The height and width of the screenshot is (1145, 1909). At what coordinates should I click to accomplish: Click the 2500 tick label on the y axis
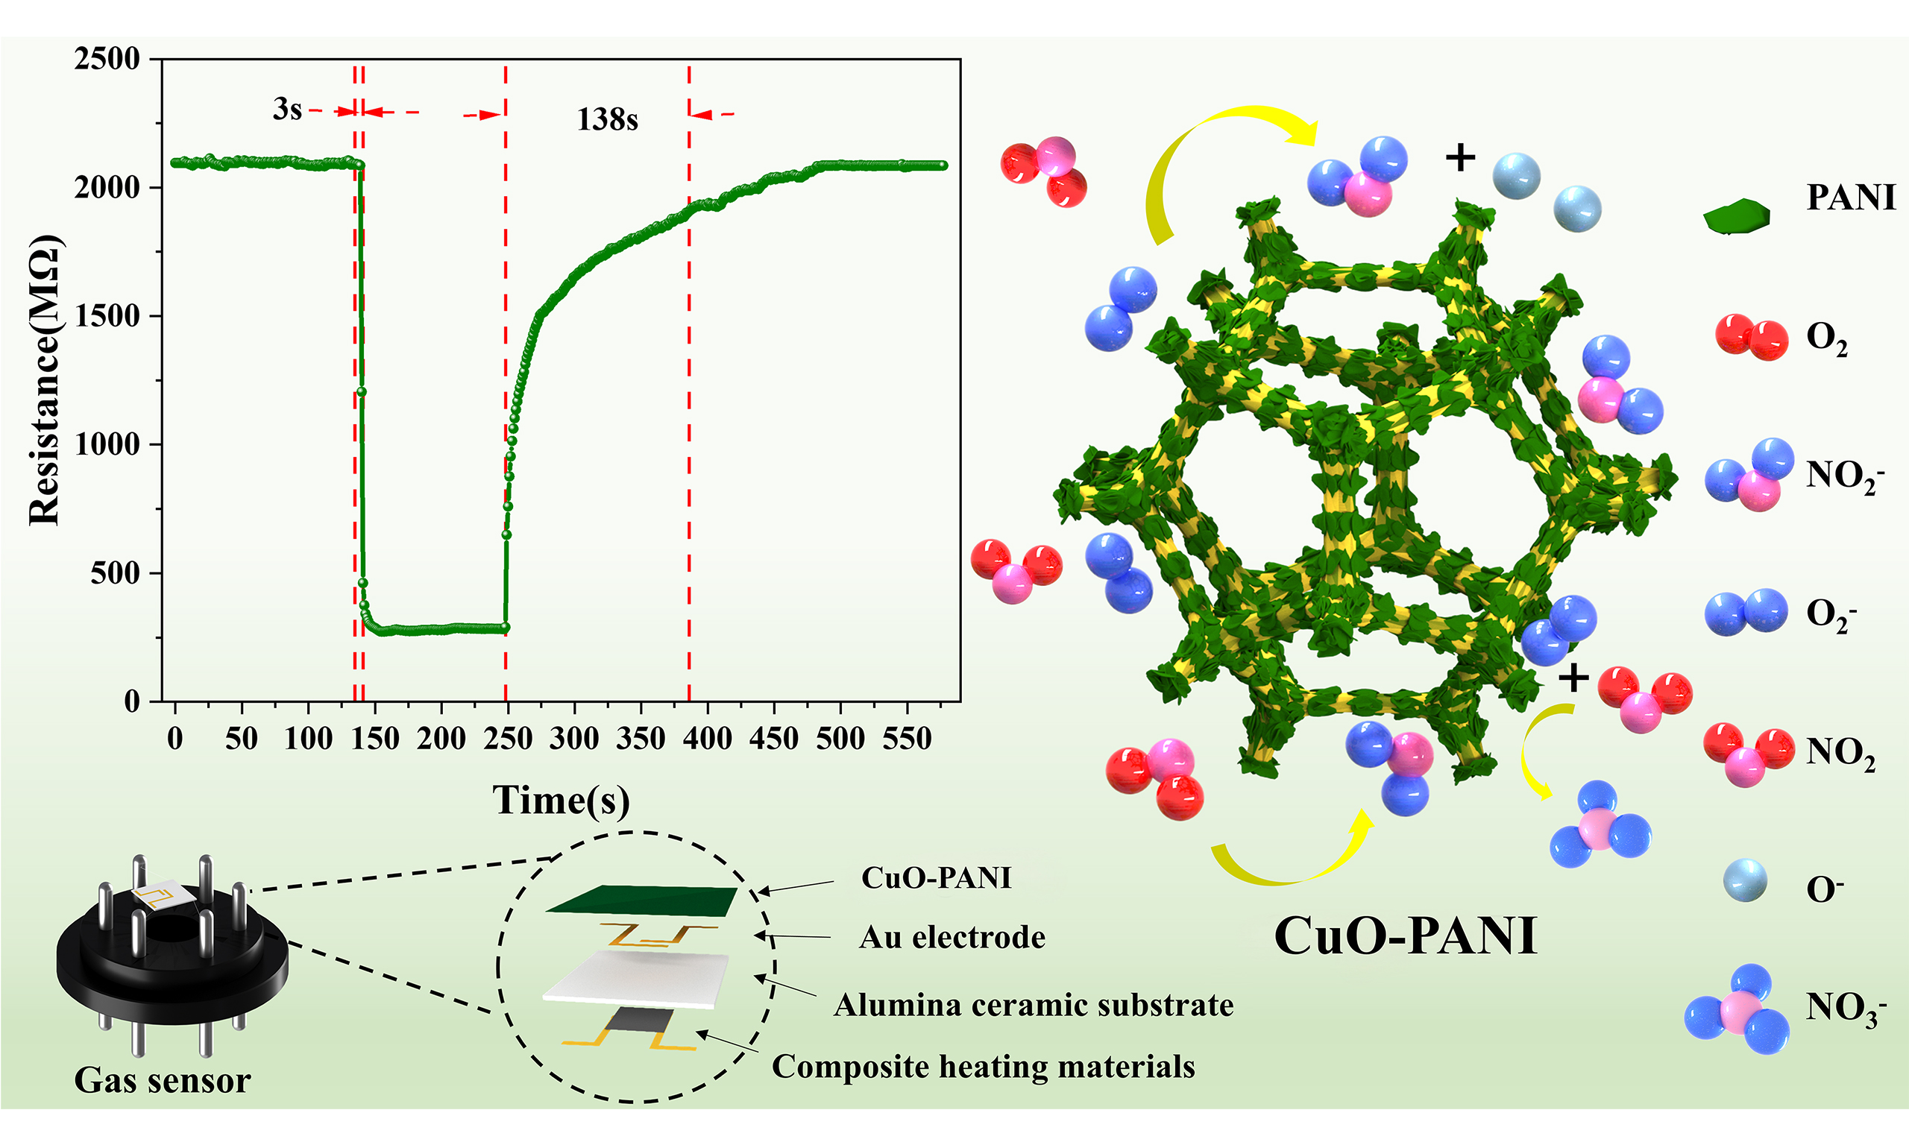[x=107, y=59]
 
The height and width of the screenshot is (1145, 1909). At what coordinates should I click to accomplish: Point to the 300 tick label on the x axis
[x=573, y=739]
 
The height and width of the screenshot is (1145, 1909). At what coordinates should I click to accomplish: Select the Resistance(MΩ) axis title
[x=44, y=379]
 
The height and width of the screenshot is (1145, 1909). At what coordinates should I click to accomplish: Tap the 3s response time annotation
[x=287, y=109]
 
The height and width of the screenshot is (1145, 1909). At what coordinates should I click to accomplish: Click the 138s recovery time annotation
[x=607, y=119]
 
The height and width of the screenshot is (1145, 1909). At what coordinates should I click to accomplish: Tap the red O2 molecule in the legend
[x=1751, y=337]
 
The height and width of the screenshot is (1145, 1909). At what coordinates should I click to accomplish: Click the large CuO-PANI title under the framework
[x=1405, y=936]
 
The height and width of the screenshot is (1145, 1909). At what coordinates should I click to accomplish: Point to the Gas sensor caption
[x=162, y=1080]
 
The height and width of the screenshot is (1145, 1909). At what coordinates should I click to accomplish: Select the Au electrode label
[x=952, y=938]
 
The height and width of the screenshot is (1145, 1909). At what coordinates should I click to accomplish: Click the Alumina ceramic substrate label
[x=1034, y=1005]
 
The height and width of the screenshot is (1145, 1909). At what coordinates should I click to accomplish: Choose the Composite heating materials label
[x=983, y=1066]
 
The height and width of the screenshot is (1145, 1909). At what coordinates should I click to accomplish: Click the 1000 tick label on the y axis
[x=107, y=444]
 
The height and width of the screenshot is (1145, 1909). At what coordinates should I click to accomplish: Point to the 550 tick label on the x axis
[x=907, y=739]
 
